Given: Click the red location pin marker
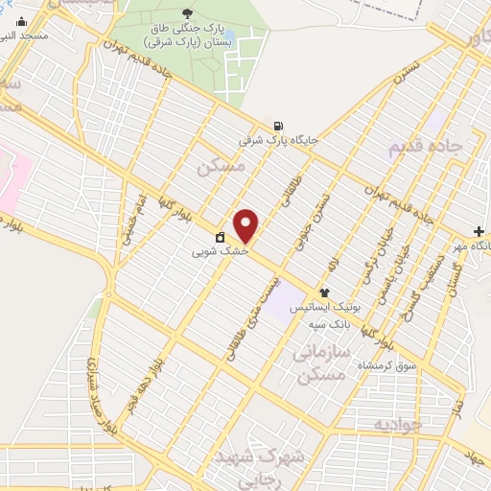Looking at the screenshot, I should [x=247, y=225].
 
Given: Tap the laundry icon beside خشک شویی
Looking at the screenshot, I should [x=220, y=236].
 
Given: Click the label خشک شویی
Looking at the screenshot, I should [x=220, y=252].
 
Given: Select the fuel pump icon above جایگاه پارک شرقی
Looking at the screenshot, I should [x=278, y=125].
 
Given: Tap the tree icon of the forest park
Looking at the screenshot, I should [x=186, y=12].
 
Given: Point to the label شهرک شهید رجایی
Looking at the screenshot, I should [x=273, y=459].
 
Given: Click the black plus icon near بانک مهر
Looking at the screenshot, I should [x=479, y=231].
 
